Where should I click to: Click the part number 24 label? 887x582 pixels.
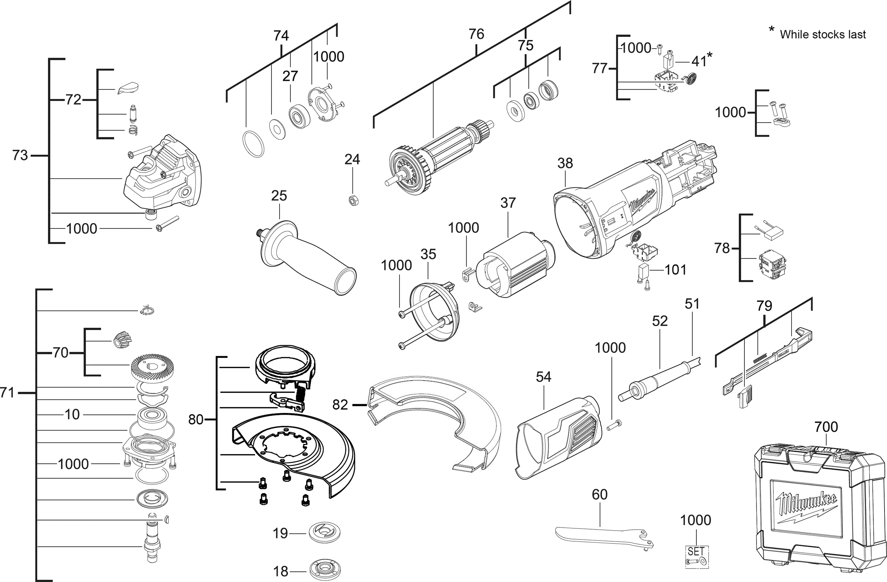click(x=352, y=160)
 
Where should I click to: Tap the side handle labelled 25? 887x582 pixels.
click(x=305, y=257)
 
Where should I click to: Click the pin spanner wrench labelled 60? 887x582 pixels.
click(x=604, y=538)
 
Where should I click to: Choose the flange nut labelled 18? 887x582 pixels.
click(x=325, y=570)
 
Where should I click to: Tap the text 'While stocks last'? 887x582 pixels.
click(x=822, y=35)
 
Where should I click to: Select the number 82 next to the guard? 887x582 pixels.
click(x=340, y=404)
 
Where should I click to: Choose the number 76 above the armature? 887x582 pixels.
click(x=476, y=34)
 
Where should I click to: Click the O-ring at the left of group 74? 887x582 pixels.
click(x=253, y=144)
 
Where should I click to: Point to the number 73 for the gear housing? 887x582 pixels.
click(x=20, y=155)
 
